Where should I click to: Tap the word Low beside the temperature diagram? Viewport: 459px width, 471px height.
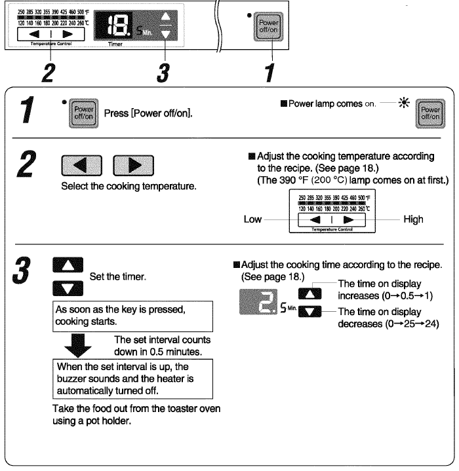pyautogui.click(x=253, y=220)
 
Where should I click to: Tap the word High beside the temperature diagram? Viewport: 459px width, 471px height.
pyautogui.click(x=413, y=220)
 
